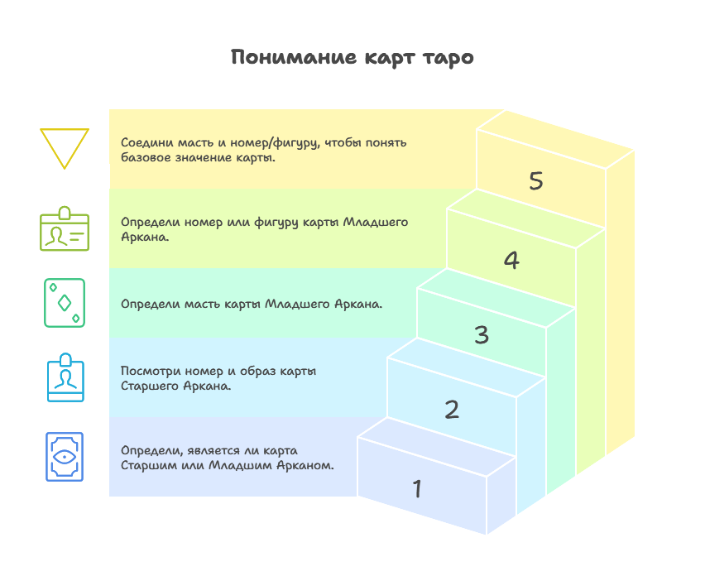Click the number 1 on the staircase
pos(417,489)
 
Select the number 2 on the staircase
pos(452,410)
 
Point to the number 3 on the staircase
pos(482,335)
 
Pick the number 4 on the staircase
pos(511,261)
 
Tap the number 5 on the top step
pos(536,181)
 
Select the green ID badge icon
pos(65,228)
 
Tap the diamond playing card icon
pos(65,303)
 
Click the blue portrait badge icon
pos(65,377)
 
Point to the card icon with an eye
pos(65,457)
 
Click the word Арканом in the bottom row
pos(308,465)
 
